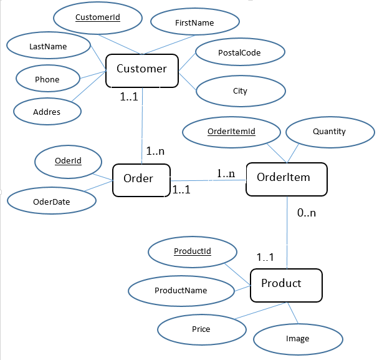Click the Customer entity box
[x=142, y=71]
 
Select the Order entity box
[x=138, y=180]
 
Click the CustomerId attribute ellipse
[x=97, y=19]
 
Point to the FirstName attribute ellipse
[x=194, y=23]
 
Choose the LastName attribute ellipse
[x=48, y=46]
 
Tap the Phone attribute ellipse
[x=47, y=79]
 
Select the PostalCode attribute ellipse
[x=240, y=53]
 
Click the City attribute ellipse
[x=240, y=91]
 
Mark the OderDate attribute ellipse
[x=52, y=201]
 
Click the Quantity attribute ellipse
[x=329, y=132]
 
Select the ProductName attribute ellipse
[x=181, y=290]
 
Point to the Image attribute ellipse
[x=297, y=339]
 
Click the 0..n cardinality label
[x=306, y=213]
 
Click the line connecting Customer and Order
[x=143, y=125]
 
